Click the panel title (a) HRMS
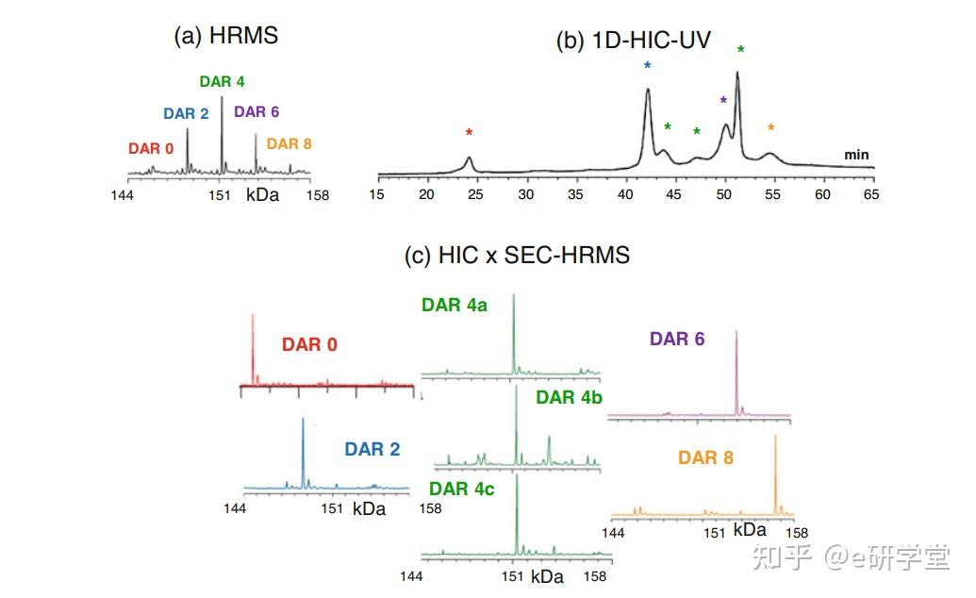pyautogui.click(x=225, y=36)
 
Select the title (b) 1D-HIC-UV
pyautogui.click(x=633, y=42)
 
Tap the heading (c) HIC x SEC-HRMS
pyautogui.click(x=517, y=255)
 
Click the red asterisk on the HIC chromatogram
pyautogui.click(x=469, y=133)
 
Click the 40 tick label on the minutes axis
pyautogui.click(x=624, y=195)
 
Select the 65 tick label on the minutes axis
pyautogui.click(x=871, y=195)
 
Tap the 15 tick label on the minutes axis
pyautogui.click(x=376, y=195)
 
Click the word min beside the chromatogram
pyautogui.click(x=856, y=155)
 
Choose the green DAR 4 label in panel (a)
pyautogui.click(x=222, y=82)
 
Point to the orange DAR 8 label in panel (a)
pyautogui.click(x=289, y=144)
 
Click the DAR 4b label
pyautogui.click(x=569, y=398)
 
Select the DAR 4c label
pyautogui.click(x=462, y=489)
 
